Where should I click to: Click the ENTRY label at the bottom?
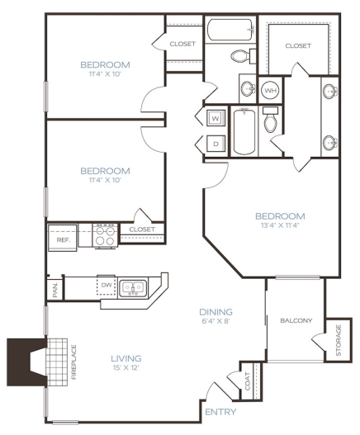coord(220,412)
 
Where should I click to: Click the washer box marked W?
coord(214,117)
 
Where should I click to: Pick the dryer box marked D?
coord(214,142)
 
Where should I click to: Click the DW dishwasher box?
coord(106,286)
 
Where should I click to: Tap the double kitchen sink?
coord(133,287)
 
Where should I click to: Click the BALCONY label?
coord(295,320)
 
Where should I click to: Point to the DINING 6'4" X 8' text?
coord(216,317)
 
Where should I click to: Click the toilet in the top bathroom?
coord(241,56)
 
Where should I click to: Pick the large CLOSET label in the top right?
coord(298,45)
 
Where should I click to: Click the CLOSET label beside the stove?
coord(142,229)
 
